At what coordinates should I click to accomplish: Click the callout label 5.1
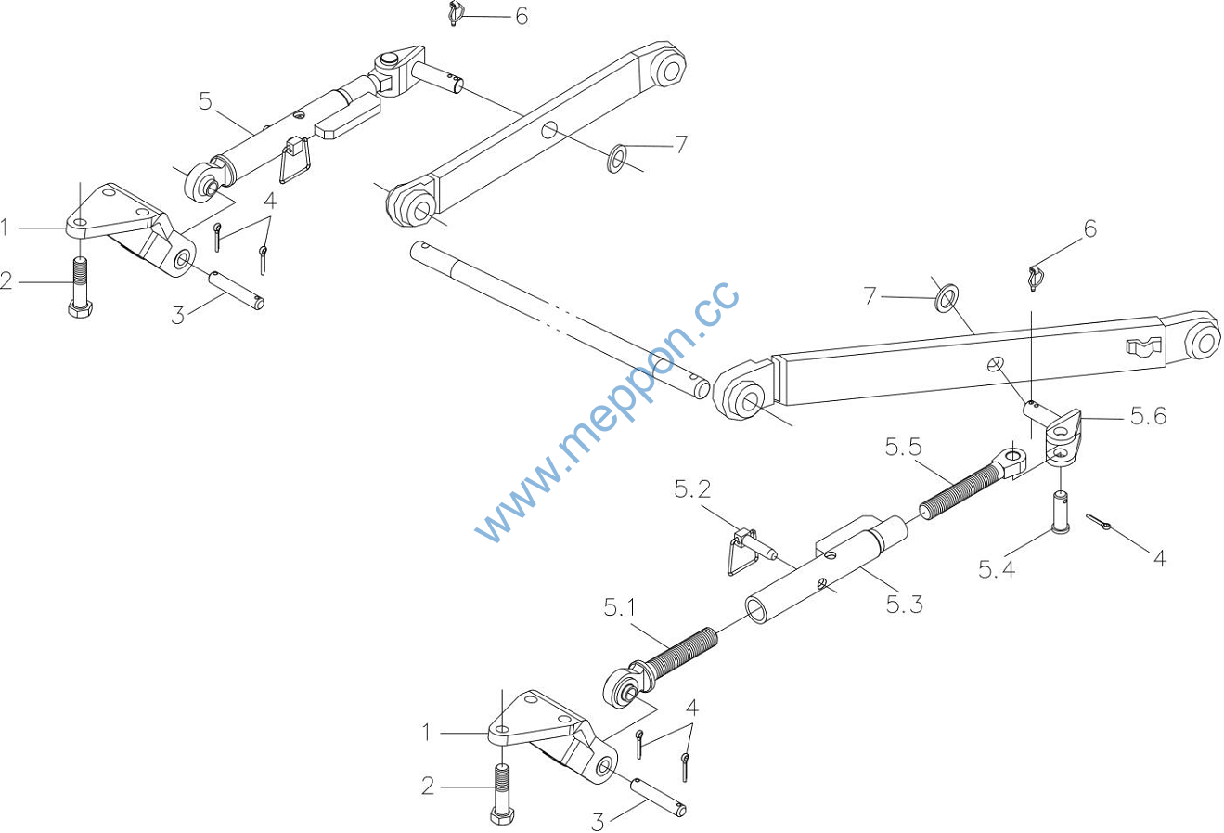point(620,607)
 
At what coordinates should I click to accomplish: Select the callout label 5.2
point(692,489)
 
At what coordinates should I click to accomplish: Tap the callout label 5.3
point(905,605)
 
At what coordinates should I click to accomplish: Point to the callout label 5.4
point(996,569)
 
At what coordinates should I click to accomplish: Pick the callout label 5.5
point(903,447)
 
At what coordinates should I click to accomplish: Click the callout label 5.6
point(1148,416)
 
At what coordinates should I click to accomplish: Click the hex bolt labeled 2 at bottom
point(503,794)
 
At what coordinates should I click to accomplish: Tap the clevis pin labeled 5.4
point(1060,512)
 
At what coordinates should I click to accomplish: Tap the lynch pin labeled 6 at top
point(453,14)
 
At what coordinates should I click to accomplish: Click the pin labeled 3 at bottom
point(659,798)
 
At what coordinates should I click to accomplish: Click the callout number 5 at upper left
point(204,101)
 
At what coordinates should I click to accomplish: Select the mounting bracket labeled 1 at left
point(131,229)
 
